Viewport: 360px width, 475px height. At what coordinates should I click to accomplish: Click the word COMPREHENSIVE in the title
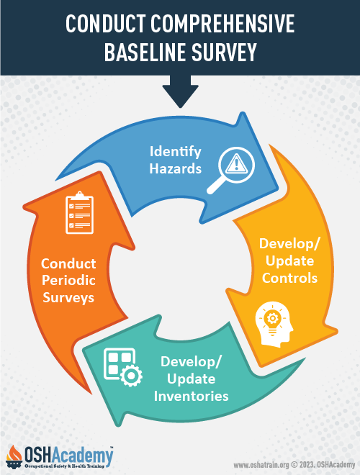[222, 24]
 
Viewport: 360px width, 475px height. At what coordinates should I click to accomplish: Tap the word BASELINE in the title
[145, 52]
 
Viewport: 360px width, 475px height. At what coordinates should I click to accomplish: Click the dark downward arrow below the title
[180, 91]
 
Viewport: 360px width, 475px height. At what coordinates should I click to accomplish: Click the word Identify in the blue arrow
[175, 152]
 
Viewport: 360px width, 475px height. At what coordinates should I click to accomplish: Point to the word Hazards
[175, 168]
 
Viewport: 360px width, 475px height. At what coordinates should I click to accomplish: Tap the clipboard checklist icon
[80, 212]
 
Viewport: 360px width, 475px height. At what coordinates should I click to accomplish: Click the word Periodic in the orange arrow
[68, 280]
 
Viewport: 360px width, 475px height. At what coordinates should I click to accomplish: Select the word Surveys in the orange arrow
[68, 297]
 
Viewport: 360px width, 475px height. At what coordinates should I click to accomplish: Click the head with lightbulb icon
[274, 324]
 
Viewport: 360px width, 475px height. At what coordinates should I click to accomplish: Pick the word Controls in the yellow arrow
[289, 278]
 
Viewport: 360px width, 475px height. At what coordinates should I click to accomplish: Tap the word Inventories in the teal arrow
[192, 396]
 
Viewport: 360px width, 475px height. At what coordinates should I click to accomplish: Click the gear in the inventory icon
[131, 376]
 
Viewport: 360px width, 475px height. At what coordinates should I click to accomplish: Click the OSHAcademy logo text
[68, 456]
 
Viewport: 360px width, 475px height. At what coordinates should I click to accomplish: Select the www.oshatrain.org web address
[261, 465]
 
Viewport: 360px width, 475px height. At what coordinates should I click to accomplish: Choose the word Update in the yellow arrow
[289, 261]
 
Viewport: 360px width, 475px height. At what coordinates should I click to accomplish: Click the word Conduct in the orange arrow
[68, 263]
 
